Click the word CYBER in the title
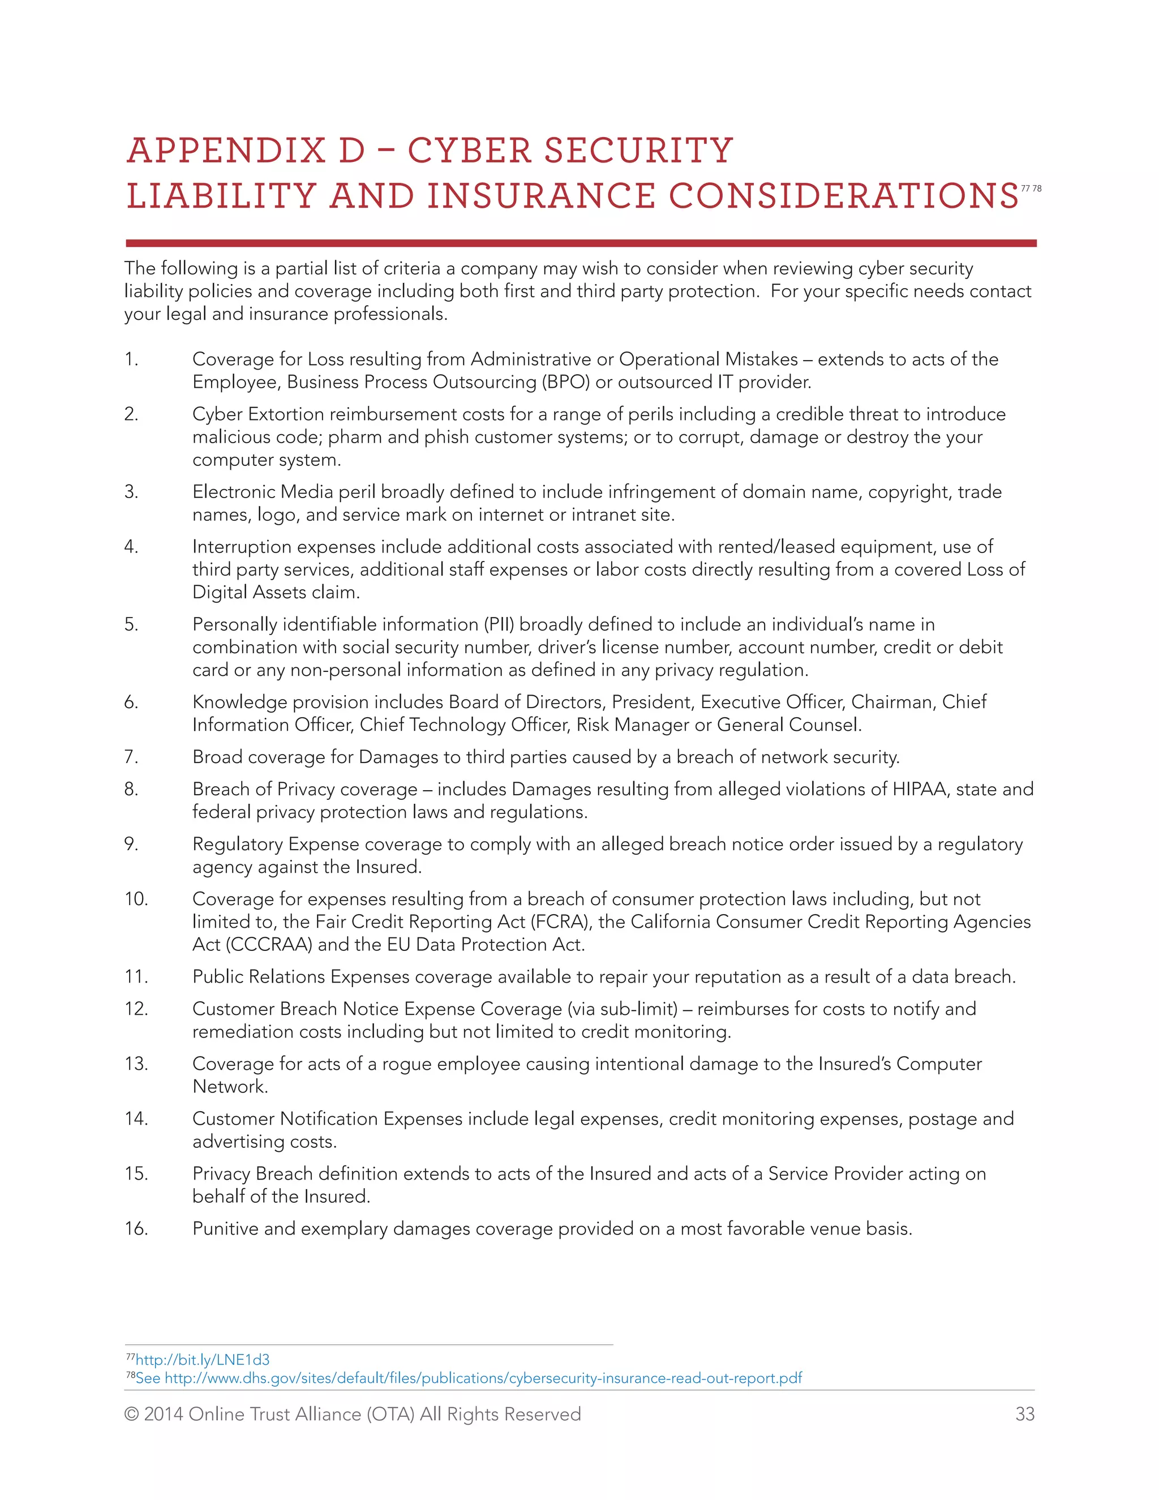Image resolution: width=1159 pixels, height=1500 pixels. click(470, 151)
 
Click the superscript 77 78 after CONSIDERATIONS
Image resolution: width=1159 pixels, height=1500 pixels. click(1031, 188)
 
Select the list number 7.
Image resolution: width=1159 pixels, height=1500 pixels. click(131, 757)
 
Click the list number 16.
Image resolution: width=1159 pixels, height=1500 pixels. click(136, 1229)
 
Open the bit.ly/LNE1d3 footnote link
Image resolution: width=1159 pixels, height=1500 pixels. click(203, 1359)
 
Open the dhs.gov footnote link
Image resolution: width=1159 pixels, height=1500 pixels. click(483, 1378)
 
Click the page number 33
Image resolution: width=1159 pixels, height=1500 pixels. click(1024, 1414)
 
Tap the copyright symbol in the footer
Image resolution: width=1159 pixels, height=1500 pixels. click(131, 1414)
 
